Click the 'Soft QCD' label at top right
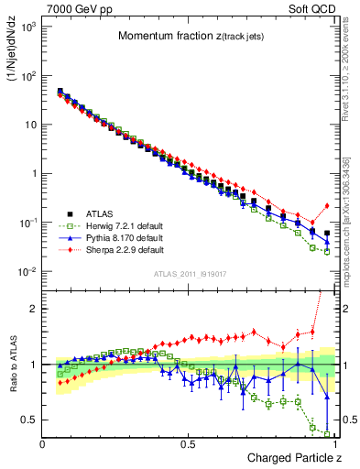pos(308,8)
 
